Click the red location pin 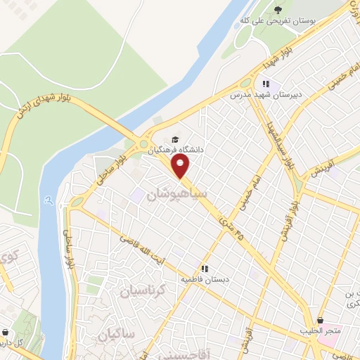coord(181,167)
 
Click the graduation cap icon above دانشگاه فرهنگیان coord(174,139)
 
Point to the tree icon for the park coord(278,11)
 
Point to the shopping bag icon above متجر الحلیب coord(320,320)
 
